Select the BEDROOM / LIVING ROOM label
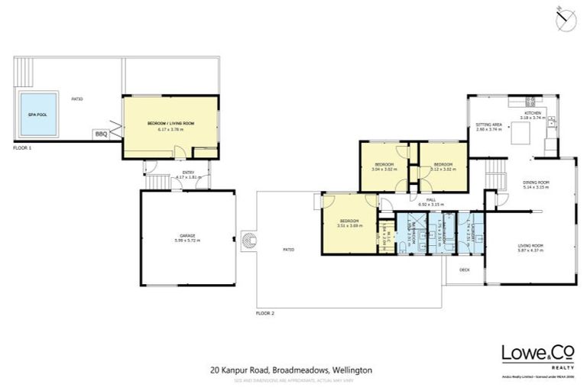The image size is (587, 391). [x=170, y=125]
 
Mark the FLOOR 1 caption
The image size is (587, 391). [x=23, y=147]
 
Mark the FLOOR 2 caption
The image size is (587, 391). [x=266, y=313]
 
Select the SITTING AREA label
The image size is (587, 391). [x=489, y=125]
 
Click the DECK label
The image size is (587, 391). [x=464, y=270]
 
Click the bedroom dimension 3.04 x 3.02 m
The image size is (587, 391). [x=384, y=170]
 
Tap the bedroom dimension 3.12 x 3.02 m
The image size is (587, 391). [x=444, y=170]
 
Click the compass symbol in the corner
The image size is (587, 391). [x=565, y=18]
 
